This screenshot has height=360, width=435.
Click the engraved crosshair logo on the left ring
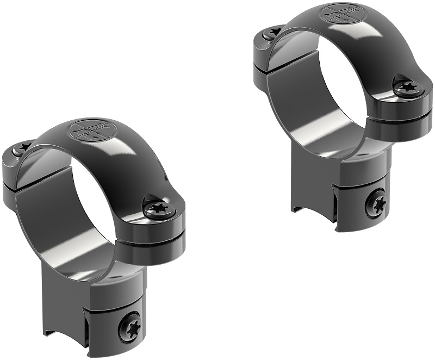pos(85,131)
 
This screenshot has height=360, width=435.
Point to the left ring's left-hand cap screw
pos(24,147)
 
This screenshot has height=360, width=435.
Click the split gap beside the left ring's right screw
pos(158,226)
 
